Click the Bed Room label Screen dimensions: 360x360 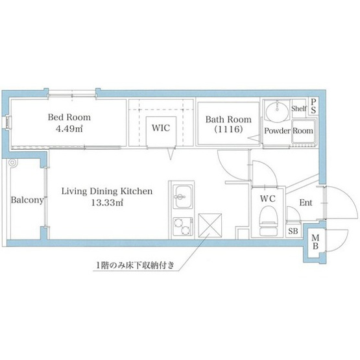coord(69,117)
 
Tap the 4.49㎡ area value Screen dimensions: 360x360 coord(69,128)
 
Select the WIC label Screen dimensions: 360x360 coord(161,128)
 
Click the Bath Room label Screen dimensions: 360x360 coord(228,119)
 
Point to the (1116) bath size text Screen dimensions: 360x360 coord(228,130)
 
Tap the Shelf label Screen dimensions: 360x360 coord(299,108)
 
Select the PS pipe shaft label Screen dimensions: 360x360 coord(313,106)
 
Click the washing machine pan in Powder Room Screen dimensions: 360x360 coord(304,131)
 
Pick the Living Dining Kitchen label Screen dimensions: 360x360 coord(107,191)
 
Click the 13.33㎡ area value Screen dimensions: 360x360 coord(107,202)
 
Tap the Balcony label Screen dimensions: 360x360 coord(27,200)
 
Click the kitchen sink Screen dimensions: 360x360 coord(183,197)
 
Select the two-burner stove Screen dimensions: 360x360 coord(183,226)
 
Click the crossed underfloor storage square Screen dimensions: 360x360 coord(210,226)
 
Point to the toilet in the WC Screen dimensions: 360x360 coord(268,221)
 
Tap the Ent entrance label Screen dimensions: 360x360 coord(306,202)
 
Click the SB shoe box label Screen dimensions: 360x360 coord(293,231)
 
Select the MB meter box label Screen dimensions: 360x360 coord(315,242)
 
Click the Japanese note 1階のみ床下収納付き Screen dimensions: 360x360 coord(135,266)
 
